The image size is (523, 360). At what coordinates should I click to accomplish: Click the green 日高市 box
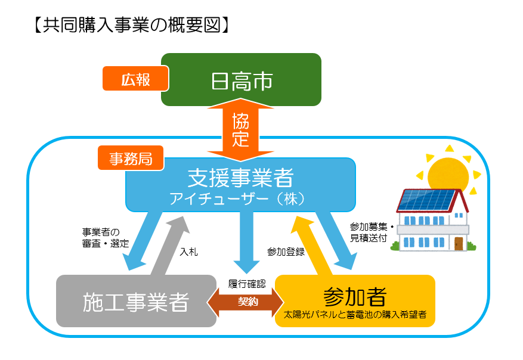[242, 80]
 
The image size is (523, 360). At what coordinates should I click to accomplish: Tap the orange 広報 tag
[135, 78]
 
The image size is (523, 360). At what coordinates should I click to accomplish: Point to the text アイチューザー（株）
[240, 197]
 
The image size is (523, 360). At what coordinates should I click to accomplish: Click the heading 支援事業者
[240, 177]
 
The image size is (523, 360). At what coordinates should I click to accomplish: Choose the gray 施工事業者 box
[135, 302]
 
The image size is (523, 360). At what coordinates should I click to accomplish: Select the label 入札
[188, 252]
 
